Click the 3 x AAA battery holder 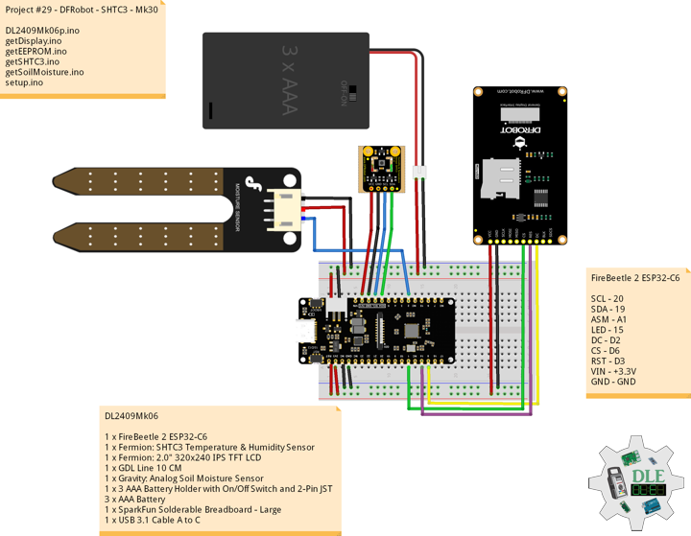[x=285, y=81]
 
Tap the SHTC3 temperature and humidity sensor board [x=382, y=169]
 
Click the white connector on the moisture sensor [x=285, y=209]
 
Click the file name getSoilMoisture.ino [x=44, y=72]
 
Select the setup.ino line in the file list [x=24, y=82]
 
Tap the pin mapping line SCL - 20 [x=608, y=298]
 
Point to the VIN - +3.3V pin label [x=613, y=371]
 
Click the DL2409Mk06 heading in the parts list [x=131, y=416]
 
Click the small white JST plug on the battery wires [x=418, y=173]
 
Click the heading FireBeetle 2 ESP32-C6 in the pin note [x=635, y=277]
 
